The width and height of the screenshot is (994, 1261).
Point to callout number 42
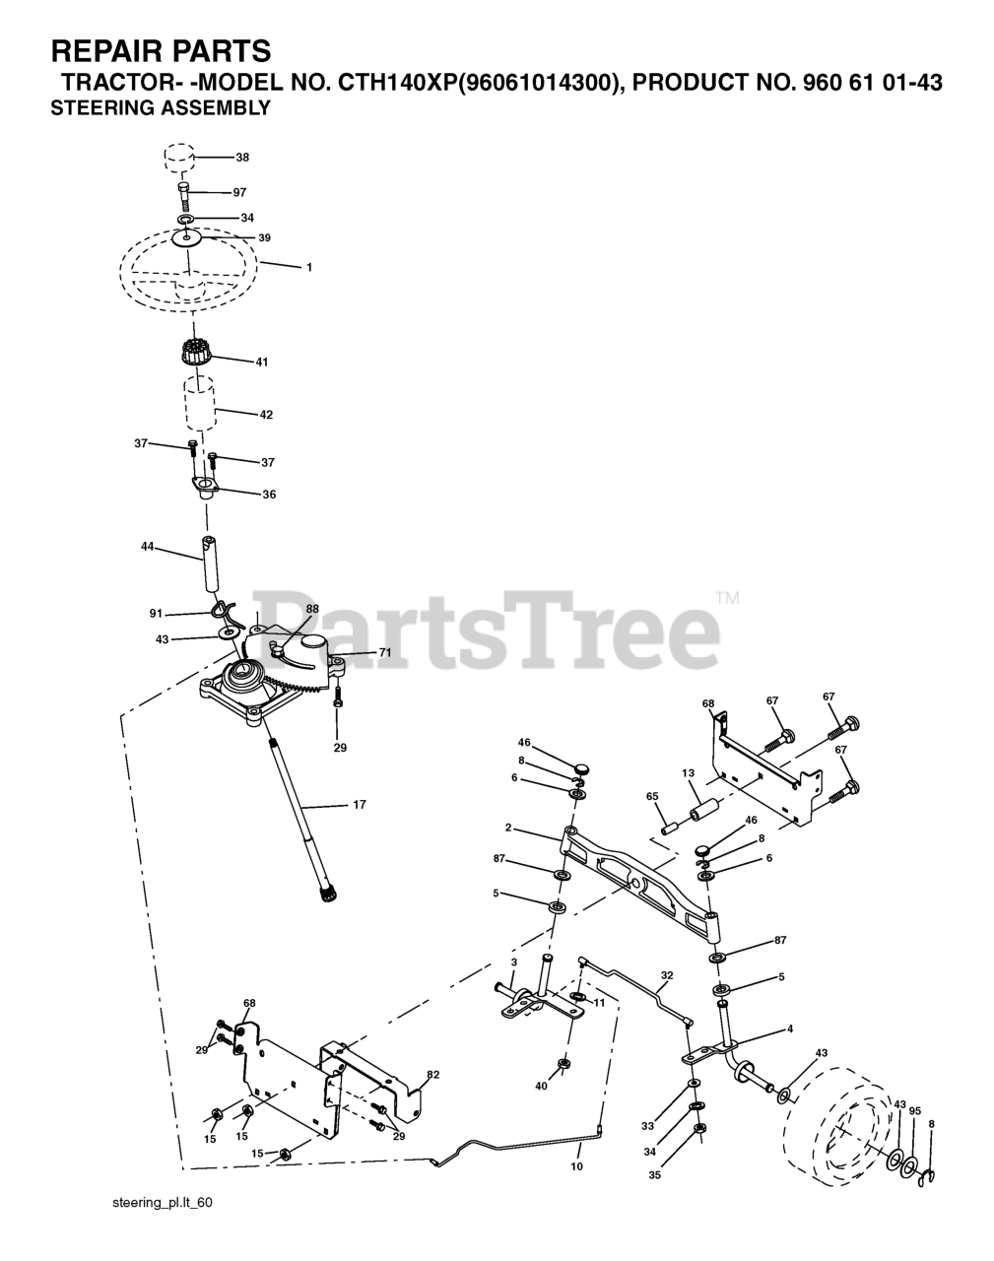click(266, 415)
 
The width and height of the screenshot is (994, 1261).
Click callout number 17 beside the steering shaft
click(359, 805)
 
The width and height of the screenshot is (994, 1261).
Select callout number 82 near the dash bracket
click(433, 1075)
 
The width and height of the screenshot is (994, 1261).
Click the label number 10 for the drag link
click(576, 1166)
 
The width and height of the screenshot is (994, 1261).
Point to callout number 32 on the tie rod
click(667, 976)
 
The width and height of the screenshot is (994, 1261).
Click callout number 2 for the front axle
click(535, 828)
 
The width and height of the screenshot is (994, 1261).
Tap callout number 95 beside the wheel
click(915, 1111)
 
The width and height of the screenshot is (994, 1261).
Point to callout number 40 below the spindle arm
click(541, 1086)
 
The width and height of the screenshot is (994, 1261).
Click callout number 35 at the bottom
click(655, 1174)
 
